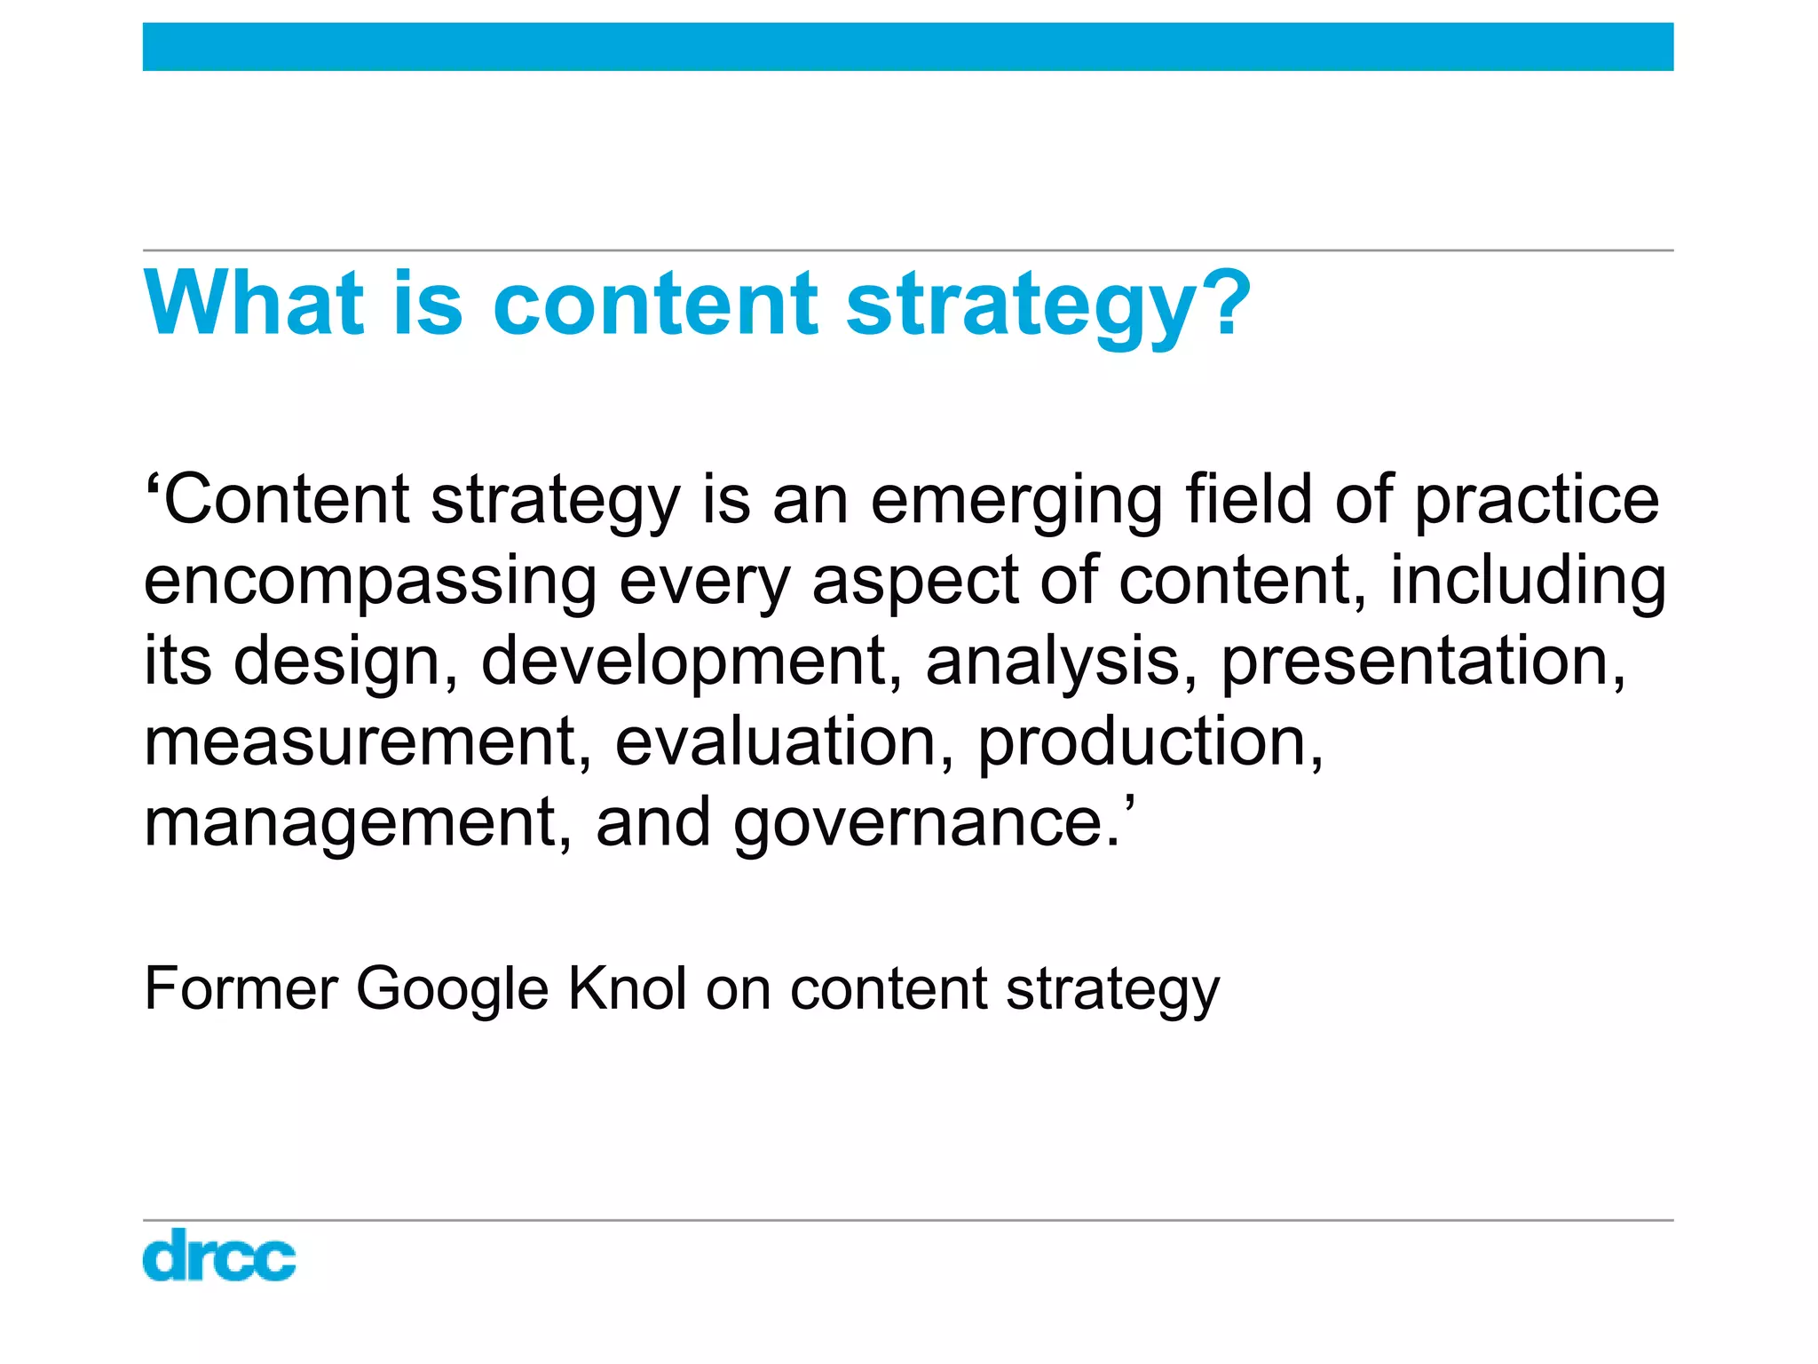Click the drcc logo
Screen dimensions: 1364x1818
(218, 1255)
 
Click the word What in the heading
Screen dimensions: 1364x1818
(254, 304)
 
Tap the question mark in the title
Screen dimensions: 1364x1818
(1225, 304)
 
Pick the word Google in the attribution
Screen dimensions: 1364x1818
(453, 989)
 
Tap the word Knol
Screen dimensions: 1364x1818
(627, 987)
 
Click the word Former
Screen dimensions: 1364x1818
(241, 987)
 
